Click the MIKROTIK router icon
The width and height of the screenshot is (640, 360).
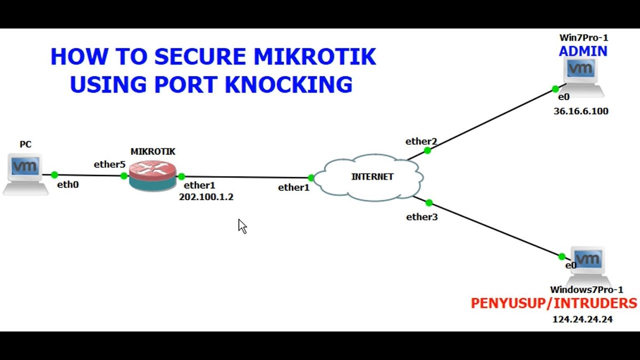tap(152, 176)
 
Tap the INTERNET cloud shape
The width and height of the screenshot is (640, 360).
tap(370, 177)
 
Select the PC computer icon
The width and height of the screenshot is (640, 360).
tap(25, 172)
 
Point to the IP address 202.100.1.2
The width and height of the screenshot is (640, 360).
tap(206, 197)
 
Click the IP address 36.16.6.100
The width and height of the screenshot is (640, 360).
tap(581, 111)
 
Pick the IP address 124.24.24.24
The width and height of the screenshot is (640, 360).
tap(582, 319)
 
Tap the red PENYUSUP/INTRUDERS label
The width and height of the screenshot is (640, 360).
tap(554, 303)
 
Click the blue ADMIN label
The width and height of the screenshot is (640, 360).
tap(583, 51)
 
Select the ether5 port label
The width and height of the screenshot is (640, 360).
tap(109, 164)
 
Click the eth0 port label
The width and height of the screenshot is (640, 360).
tap(68, 184)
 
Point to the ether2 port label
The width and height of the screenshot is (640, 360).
tap(421, 141)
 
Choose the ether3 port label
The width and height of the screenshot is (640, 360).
tap(422, 217)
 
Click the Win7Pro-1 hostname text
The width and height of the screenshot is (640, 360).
tap(583, 37)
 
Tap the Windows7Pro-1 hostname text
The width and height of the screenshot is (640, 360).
tap(586, 289)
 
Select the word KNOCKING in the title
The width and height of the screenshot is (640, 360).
tap(288, 84)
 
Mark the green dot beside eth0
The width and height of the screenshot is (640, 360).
tap(54, 175)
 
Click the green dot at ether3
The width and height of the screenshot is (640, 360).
tap(429, 202)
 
